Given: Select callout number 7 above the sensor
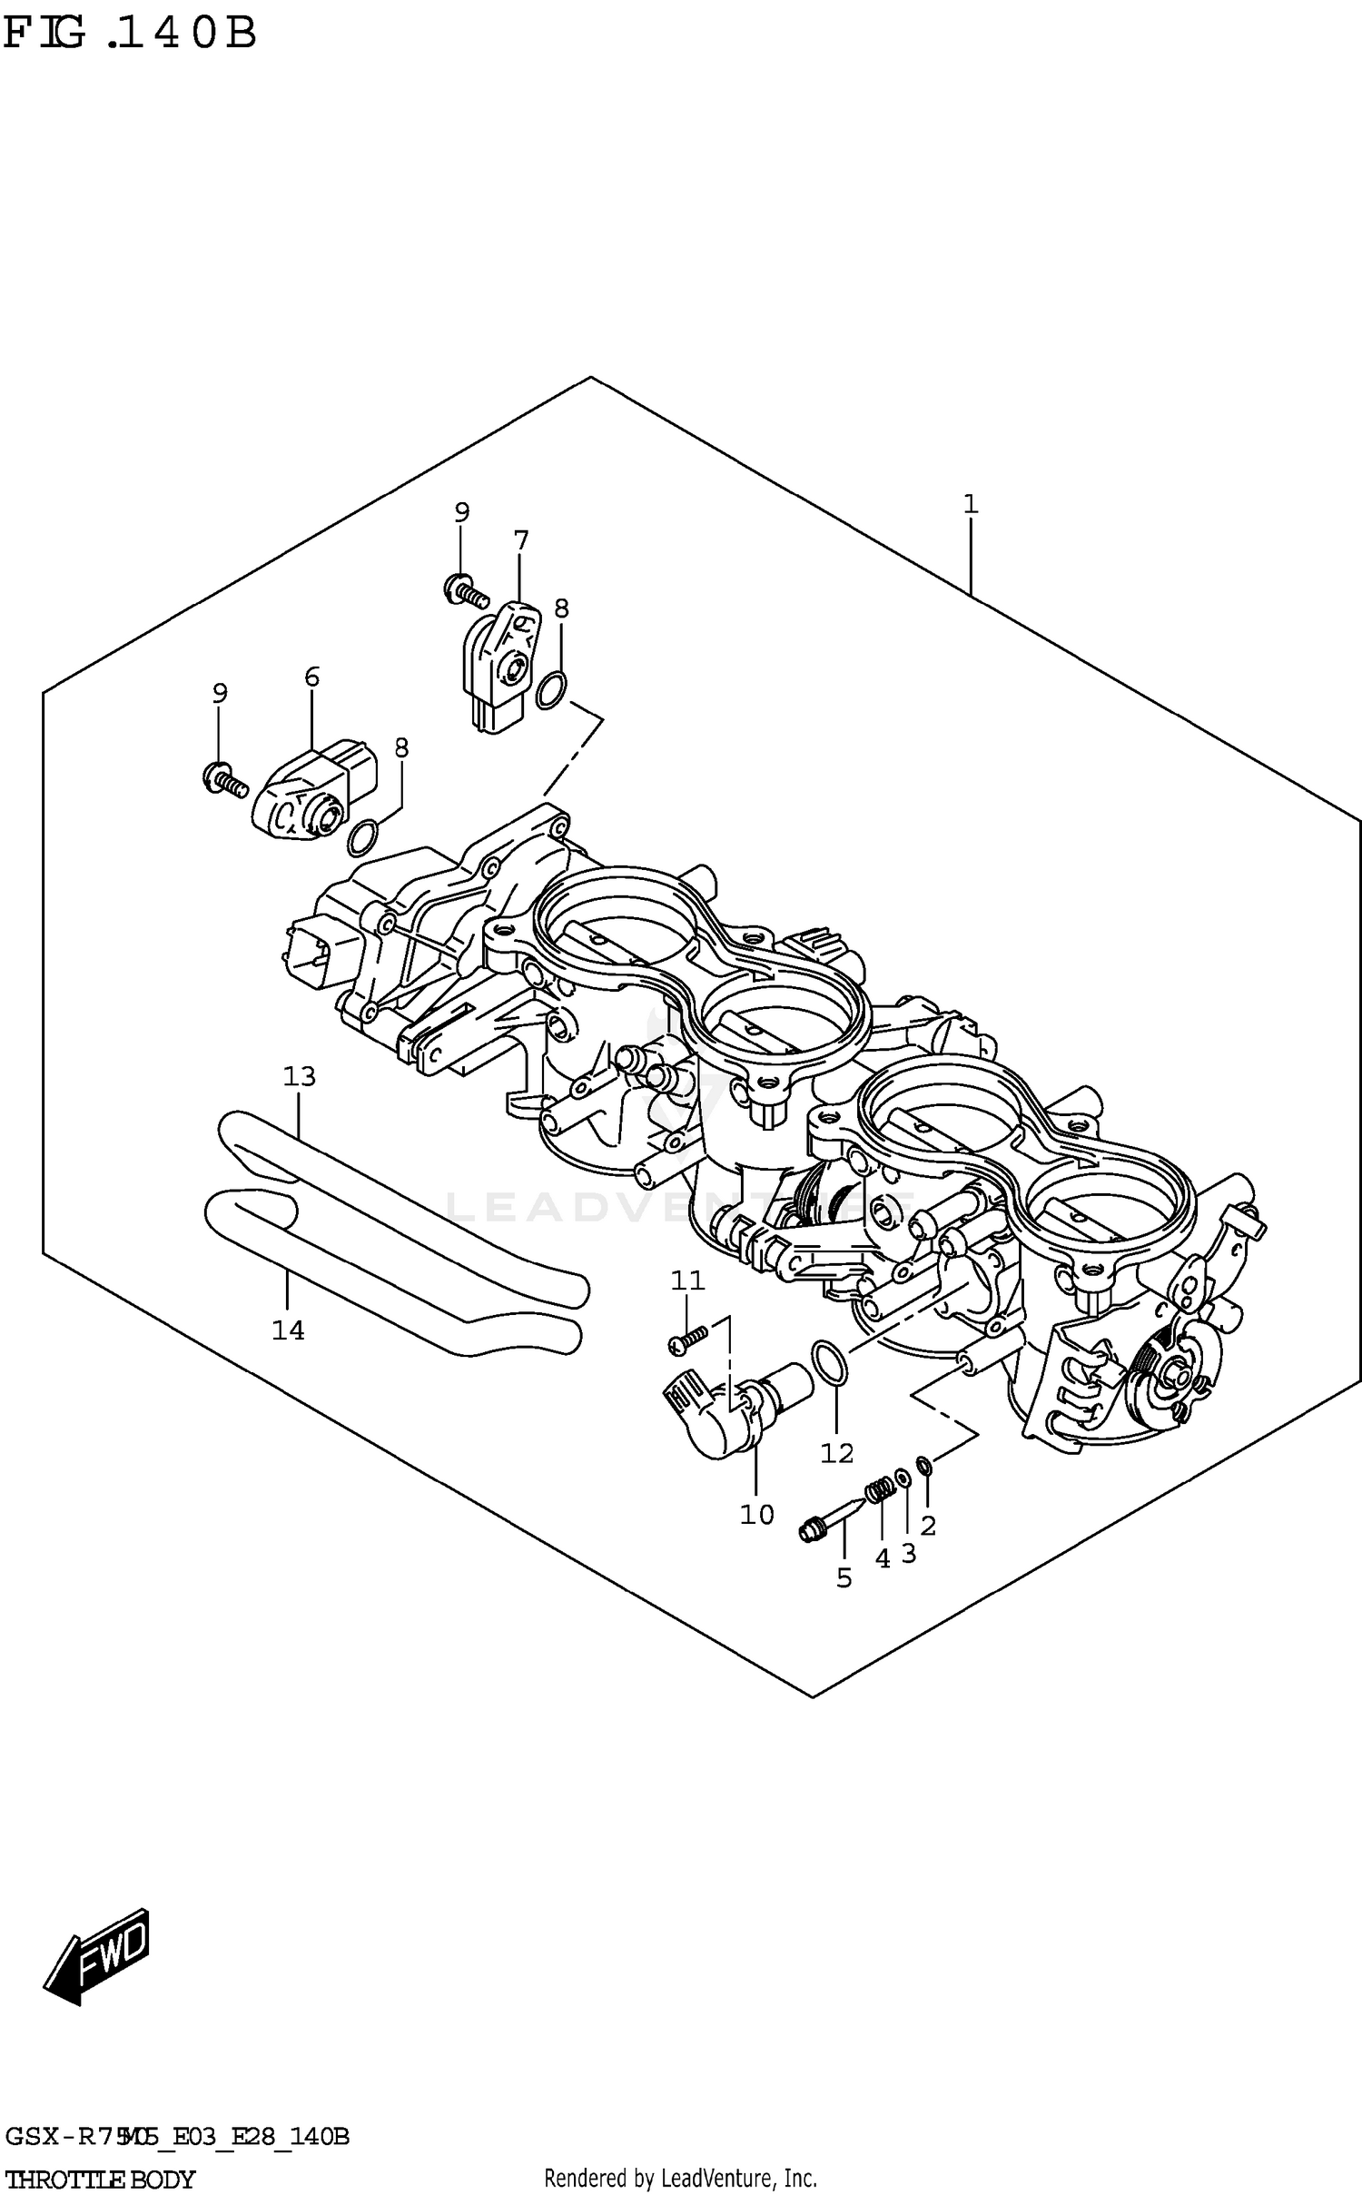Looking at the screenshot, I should pyautogui.click(x=520, y=540).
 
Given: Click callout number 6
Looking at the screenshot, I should pyautogui.click(x=311, y=676).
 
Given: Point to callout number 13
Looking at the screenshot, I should pyautogui.click(x=299, y=1076).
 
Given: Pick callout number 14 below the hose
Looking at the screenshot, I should pyautogui.click(x=288, y=1330).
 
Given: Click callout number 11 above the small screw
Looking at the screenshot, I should pyautogui.click(x=687, y=1280).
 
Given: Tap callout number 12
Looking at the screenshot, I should pyautogui.click(x=836, y=1453).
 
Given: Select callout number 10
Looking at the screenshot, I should pyautogui.click(x=756, y=1514).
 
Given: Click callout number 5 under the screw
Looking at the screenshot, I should pyautogui.click(x=844, y=1578).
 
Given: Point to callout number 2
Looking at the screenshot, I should pyautogui.click(x=927, y=1525).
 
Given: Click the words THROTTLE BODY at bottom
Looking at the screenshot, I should pyautogui.click(x=100, y=2179).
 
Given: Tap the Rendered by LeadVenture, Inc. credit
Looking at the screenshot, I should pyautogui.click(x=680, y=2178).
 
